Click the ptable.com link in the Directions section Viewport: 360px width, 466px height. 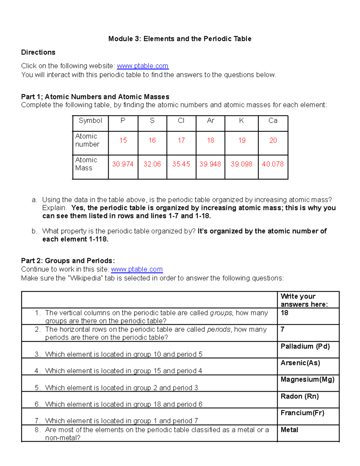tap(142, 66)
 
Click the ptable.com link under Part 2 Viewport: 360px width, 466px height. tap(137, 269)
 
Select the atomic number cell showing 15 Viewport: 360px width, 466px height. tap(123, 140)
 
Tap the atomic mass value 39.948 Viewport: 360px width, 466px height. tap(210, 164)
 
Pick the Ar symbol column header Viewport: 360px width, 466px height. tap(211, 121)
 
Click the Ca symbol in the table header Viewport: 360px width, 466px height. tap(273, 121)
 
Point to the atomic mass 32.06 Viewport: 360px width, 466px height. tap(152, 164)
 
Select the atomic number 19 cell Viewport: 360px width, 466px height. tap(242, 140)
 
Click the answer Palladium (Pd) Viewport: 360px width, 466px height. tap(305, 347)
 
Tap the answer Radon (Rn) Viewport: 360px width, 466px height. tap(299, 396)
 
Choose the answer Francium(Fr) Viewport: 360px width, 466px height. tap(302, 413)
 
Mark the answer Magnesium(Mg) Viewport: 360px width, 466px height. tap(307, 380)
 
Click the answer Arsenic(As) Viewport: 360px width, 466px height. tap(300, 363)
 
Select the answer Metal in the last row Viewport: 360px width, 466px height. tap(289, 430)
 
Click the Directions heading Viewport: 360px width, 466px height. tap(38, 53)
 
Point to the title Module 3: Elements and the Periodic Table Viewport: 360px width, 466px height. tap(180, 39)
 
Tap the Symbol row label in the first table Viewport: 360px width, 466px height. tap(90, 121)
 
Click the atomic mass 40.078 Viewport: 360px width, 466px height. tap(273, 164)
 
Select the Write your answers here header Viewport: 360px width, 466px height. tap(304, 300)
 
